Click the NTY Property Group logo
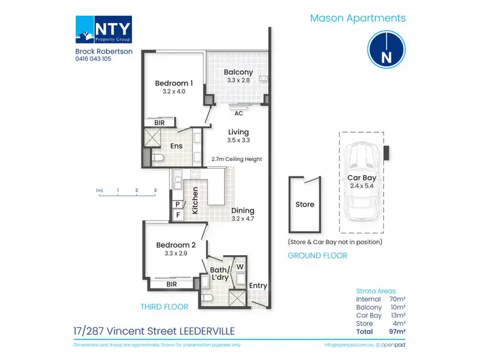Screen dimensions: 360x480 (104, 31)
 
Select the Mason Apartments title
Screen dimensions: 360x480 (358, 19)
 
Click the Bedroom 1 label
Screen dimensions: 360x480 (174, 83)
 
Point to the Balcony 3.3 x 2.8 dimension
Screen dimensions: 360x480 (238, 82)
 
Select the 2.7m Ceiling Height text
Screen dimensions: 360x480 (237, 159)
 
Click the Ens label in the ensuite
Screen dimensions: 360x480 (177, 146)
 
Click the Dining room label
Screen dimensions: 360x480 (243, 210)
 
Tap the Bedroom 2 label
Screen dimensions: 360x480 (175, 244)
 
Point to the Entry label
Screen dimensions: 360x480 (258, 286)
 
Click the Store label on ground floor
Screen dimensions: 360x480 (305, 205)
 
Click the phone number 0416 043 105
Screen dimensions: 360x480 (93, 58)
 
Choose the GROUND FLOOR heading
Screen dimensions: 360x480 (317, 255)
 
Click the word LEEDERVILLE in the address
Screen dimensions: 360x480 (203, 332)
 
